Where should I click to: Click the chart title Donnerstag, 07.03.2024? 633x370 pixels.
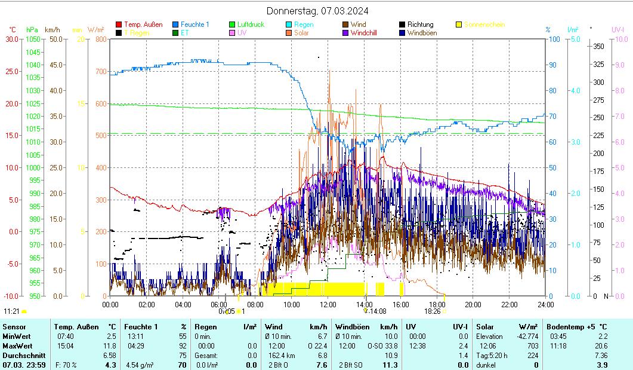pos(317,11)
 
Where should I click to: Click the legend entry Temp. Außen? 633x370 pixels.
pos(143,25)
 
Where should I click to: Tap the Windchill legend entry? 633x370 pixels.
pos(367,33)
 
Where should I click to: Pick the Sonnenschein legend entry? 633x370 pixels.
pos(484,25)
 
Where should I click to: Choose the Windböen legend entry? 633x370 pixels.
pos(422,33)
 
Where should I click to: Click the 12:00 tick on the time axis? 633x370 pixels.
pos(328,304)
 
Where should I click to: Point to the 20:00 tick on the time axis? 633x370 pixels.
pos(473,304)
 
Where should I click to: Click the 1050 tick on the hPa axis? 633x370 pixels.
pos(33,39)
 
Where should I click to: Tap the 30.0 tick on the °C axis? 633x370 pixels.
pos(12,39)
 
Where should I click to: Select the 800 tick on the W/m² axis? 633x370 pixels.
pos(100,39)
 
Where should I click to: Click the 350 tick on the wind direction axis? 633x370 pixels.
pos(600,47)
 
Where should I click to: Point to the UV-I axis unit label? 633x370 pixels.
pos(617,29)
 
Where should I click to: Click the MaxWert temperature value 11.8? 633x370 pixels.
pos(110,346)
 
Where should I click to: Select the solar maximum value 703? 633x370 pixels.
pos(532,346)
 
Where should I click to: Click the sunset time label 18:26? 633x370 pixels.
pos(432,311)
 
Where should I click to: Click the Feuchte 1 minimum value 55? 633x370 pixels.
pos(183,337)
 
